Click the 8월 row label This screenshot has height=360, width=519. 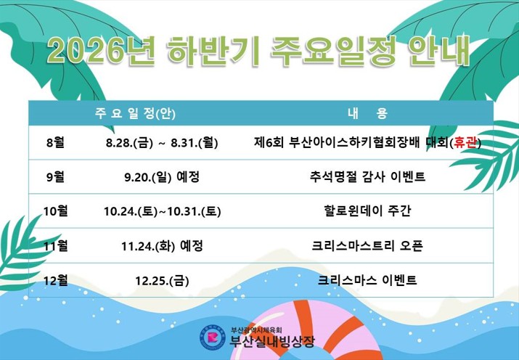point(55,142)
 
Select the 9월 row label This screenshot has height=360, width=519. point(55,176)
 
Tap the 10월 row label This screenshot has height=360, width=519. point(55,210)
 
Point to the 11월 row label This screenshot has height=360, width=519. point(55,245)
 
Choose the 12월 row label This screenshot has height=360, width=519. point(55,280)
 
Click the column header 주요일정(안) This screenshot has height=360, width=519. point(135,113)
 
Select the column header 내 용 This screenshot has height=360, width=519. point(367,113)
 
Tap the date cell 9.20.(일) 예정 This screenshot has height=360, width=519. point(162,177)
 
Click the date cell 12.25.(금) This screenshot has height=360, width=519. point(162,281)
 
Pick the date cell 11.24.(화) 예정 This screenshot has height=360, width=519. point(162,246)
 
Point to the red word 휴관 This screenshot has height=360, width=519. point(465,142)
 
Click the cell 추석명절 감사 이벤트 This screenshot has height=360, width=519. point(367,176)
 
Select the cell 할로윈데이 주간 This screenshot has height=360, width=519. point(367,210)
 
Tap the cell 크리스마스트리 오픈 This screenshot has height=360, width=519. point(367,245)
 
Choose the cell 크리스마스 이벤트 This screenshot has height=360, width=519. point(367,280)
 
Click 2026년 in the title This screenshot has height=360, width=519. point(100,52)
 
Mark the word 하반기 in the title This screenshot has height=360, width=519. point(213,52)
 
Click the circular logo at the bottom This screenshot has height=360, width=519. point(213,337)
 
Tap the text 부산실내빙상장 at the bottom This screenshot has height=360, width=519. point(272,341)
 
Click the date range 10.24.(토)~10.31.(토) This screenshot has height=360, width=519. point(162,211)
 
